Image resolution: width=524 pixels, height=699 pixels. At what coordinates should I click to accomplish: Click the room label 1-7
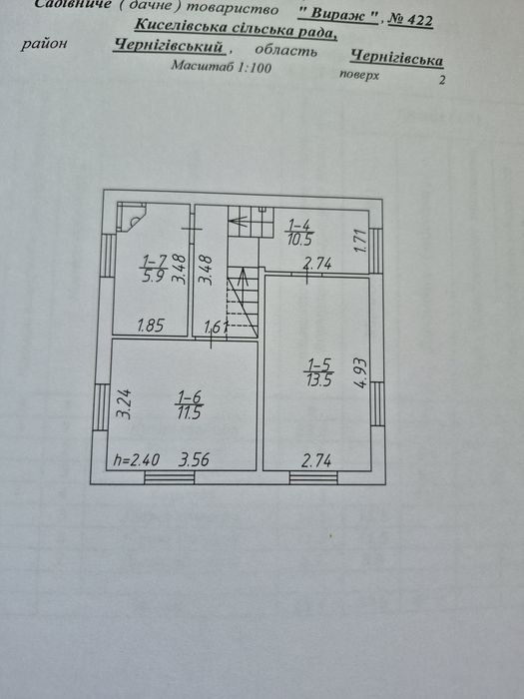152,261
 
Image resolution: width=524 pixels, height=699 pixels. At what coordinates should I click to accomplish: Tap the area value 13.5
319,379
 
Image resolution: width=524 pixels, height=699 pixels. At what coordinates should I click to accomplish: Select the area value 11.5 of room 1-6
190,412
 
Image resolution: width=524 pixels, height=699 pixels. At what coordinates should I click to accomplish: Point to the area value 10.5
299,240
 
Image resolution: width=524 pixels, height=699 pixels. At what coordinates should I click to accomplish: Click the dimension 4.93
360,372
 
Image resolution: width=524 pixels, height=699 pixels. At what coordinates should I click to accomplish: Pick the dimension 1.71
361,241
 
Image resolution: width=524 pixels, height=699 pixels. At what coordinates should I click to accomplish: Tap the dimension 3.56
194,459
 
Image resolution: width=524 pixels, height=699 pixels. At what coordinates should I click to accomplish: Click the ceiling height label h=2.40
136,459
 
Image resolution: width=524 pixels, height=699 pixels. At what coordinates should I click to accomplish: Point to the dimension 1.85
151,326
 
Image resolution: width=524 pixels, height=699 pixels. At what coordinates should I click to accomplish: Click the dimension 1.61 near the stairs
217,328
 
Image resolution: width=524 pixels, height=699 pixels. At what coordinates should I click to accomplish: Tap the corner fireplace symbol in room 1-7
131,217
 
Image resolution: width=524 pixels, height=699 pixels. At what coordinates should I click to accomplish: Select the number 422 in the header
419,20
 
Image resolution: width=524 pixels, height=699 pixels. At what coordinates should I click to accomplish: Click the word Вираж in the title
337,15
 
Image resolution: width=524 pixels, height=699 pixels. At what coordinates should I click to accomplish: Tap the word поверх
359,75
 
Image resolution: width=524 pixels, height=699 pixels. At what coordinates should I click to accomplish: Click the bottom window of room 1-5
313,478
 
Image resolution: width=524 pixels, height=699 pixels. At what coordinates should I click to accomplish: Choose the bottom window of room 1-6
170,478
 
